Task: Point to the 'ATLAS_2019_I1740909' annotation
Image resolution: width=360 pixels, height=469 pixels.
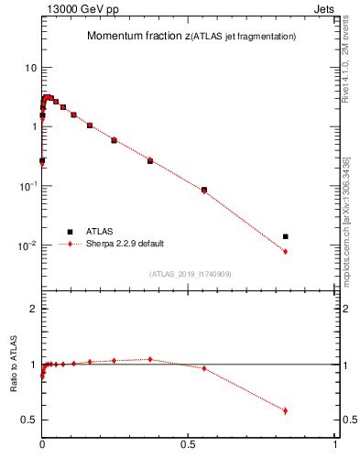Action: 190,273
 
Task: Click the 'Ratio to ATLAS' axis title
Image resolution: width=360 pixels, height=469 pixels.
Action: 15,365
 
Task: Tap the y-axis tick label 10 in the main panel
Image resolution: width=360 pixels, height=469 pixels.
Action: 30,68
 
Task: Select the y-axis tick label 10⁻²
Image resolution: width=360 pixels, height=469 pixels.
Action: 27,245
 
